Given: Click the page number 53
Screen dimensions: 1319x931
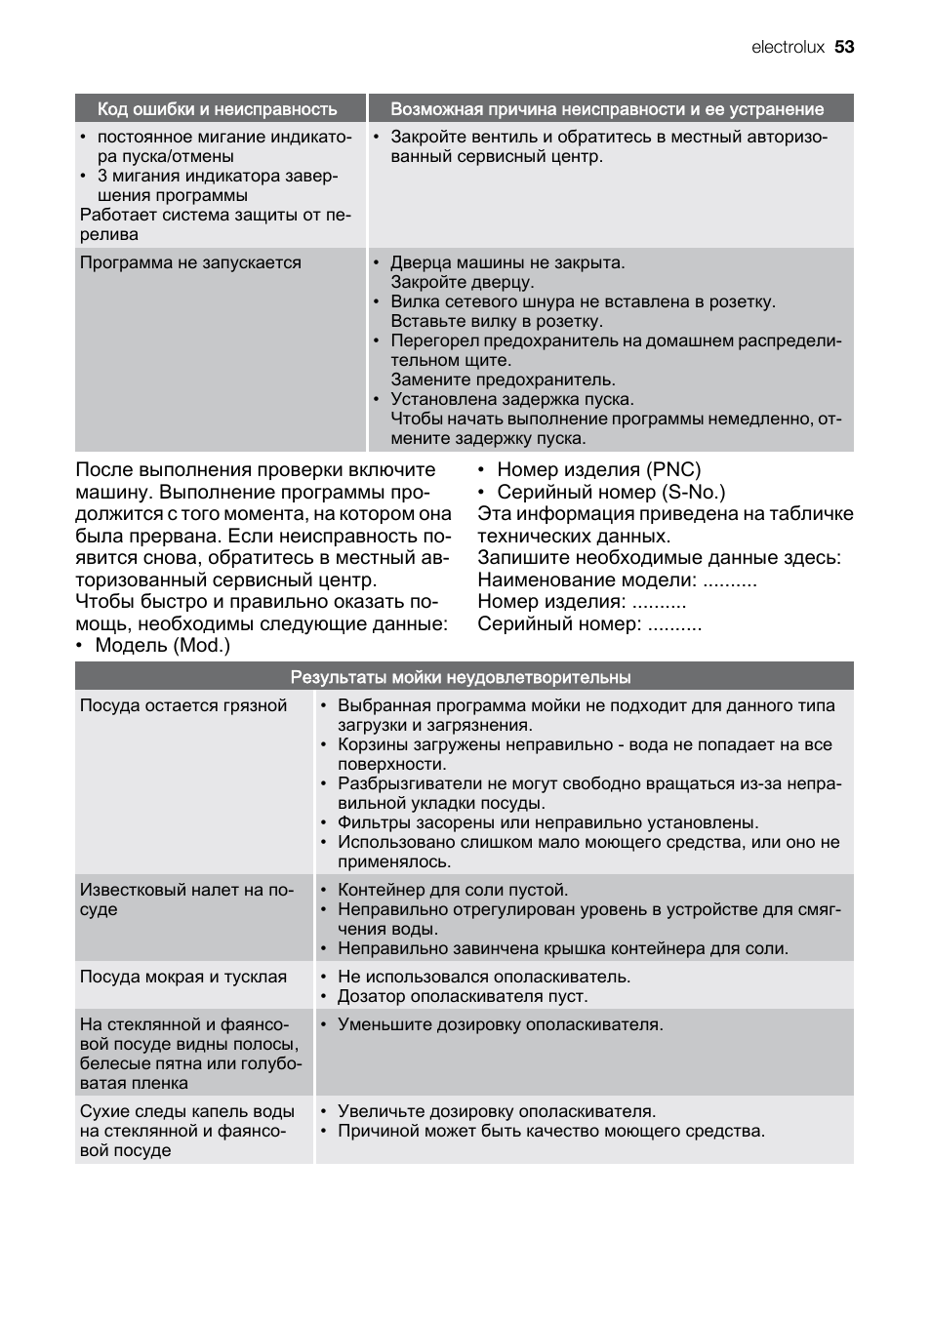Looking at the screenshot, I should point(844,47).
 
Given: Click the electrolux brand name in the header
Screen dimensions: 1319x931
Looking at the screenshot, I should point(788,47).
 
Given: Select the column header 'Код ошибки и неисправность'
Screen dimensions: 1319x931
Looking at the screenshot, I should point(217,109).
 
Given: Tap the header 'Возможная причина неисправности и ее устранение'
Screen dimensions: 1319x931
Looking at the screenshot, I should point(607,109).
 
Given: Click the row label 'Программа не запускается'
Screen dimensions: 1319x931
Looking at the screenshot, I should point(190,262).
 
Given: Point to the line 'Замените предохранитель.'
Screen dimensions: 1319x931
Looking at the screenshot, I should point(503,380).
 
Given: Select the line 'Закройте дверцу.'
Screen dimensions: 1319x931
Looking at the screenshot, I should point(462,282).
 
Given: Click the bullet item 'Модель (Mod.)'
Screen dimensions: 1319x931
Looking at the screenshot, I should point(162,645).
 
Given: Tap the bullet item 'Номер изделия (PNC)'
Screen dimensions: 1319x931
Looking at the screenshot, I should point(598,469).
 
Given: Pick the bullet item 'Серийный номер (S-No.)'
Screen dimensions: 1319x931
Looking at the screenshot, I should point(611,492).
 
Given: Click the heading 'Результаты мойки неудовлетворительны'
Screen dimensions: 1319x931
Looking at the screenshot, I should point(461,677).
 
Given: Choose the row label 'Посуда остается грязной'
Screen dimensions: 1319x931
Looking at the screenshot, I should point(183,705).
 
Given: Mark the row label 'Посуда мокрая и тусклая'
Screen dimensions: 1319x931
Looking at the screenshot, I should point(183,977).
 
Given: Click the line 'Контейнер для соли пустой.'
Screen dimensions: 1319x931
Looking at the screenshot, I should point(453,890).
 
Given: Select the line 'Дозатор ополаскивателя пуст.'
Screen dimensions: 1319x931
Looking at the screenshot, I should point(463,996).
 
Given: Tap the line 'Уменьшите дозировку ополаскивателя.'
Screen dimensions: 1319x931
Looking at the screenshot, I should point(500,1024).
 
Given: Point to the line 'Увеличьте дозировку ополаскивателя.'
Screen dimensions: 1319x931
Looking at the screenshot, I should point(497,1111).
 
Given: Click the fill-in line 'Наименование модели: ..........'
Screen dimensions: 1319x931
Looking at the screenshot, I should point(617,580).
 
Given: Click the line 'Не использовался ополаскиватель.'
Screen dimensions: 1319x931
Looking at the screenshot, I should point(484,977).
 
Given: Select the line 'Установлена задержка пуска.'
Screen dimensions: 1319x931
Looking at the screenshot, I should point(512,399).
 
